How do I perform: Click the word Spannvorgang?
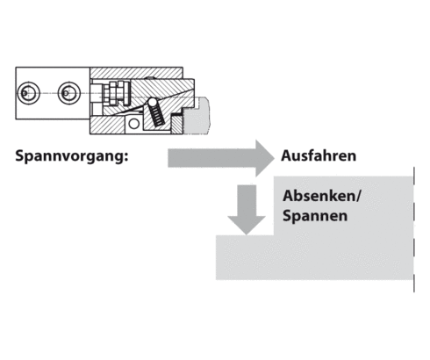[x=72, y=158]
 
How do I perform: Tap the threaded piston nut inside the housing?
[x=111, y=92]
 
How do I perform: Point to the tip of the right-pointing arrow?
[x=274, y=158]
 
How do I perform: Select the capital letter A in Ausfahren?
[x=286, y=157]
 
